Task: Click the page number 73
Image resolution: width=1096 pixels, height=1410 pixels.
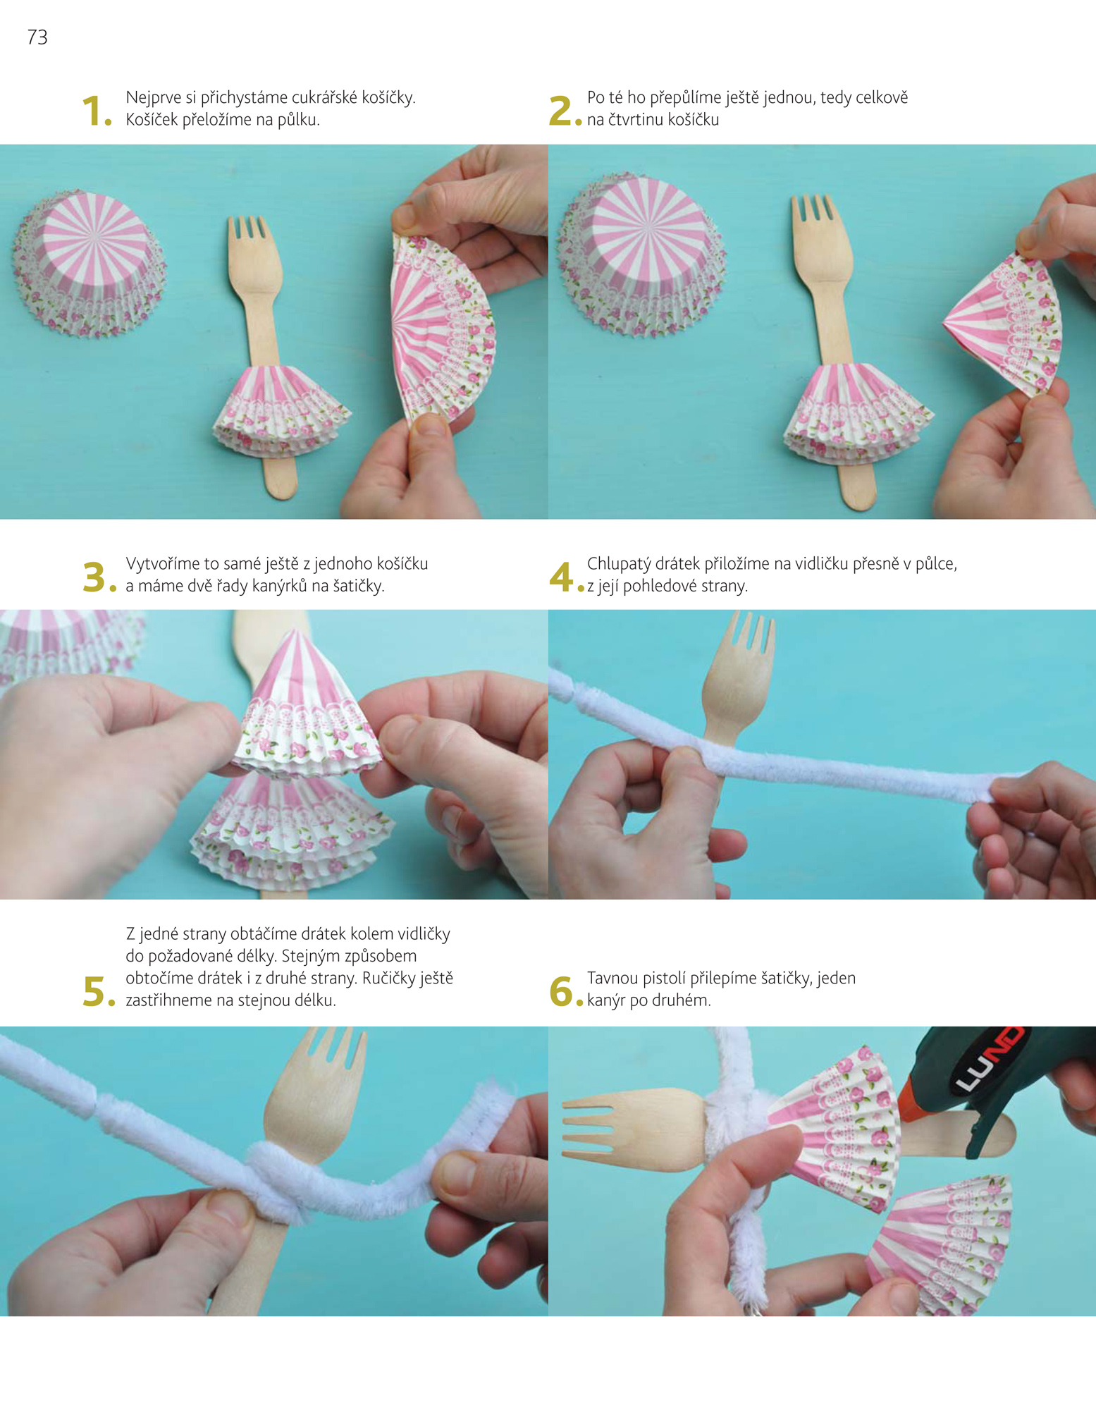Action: tap(37, 37)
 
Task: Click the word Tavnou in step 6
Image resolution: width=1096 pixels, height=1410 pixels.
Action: tap(612, 979)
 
